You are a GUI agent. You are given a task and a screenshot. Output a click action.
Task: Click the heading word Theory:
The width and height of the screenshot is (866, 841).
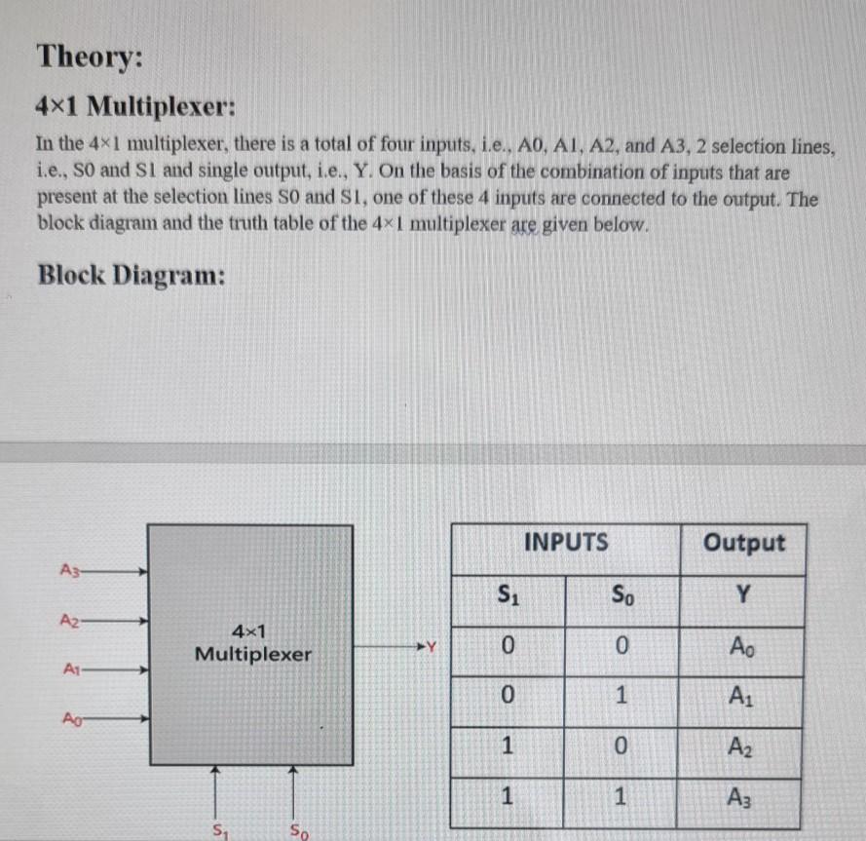click(89, 57)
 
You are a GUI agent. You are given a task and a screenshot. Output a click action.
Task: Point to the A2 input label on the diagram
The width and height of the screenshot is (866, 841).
click(68, 620)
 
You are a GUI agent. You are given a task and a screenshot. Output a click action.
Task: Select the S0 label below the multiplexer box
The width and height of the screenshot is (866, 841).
click(298, 831)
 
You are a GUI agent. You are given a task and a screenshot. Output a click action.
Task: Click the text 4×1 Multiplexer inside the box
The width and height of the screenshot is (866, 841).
click(252, 643)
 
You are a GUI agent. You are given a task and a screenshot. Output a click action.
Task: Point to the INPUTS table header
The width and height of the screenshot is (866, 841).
click(566, 542)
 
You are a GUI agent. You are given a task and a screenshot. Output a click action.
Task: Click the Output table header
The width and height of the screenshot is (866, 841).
click(743, 542)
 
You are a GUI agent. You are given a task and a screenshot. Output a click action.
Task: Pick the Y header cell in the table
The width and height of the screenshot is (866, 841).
click(743, 593)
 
